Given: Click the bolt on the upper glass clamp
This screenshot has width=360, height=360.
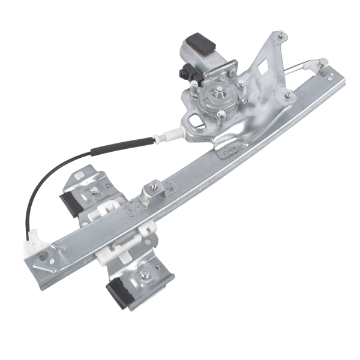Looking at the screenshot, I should click(x=94, y=191).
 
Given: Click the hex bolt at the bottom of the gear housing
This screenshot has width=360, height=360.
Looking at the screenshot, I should click(x=221, y=114).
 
